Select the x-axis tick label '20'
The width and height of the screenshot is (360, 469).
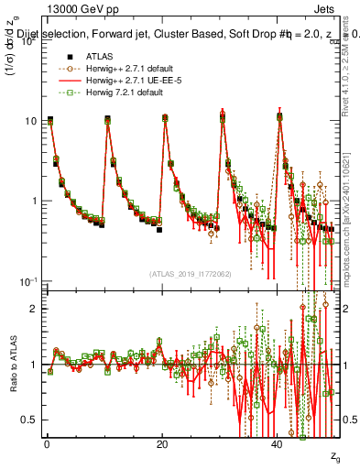[x=162, y=443]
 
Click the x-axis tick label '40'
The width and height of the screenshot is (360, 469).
[x=278, y=443]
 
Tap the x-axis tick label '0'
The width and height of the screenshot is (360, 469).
[x=46, y=443]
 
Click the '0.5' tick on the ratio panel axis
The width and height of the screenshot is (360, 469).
[x=29, y=420]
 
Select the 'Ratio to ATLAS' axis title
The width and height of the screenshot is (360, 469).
[x=11, y=365]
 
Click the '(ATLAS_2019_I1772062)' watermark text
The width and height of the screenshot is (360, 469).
[x=190, y=273]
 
